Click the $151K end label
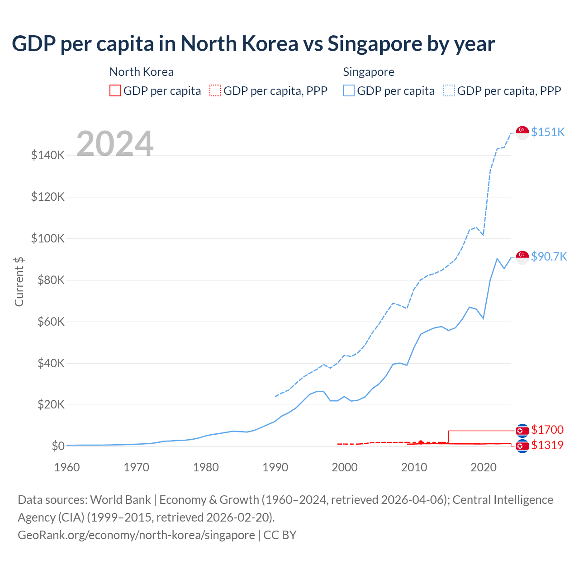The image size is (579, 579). pos(548,132)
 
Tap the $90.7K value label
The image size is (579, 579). pos(549,256)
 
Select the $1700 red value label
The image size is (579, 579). pos(547,430)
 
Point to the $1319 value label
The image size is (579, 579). pos(547,445)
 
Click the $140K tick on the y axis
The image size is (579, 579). pos(48,156)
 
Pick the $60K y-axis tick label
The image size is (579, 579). pos(48,322)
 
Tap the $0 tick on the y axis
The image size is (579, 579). pos(58,446)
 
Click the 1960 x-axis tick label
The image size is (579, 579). pos(67,467)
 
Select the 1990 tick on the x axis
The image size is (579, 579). pos(275,467)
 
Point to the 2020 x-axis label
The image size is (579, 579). pos(484,467)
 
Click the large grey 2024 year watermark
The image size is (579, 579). pos(115,144)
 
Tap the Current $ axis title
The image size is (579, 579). pos(19,281)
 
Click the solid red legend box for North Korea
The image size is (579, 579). pos(115,91)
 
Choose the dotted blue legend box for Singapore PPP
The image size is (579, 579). pos(449,91)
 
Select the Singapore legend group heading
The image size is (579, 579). pos(369,72)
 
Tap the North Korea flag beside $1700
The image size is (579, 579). pos(522,430)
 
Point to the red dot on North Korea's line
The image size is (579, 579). pos(421,442)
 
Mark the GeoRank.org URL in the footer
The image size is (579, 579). pos(136,535)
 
